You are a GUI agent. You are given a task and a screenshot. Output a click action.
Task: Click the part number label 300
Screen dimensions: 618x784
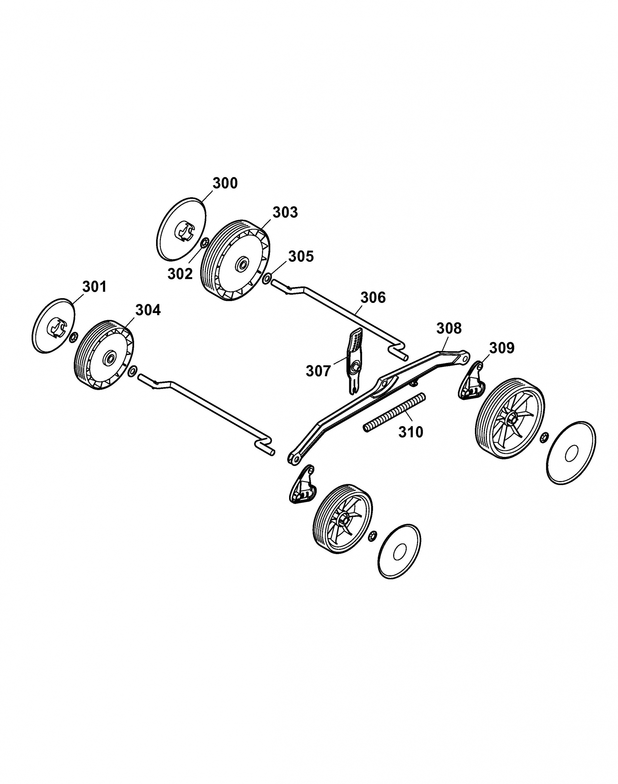point(225,183)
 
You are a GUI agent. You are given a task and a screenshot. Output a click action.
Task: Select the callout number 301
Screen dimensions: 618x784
point(94,287)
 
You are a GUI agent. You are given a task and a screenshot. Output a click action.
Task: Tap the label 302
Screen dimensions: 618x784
point(180,274)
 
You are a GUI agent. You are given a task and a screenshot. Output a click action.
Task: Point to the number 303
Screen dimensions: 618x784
point(285,212)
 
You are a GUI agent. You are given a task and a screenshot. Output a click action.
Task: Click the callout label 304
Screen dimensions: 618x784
point(148,310)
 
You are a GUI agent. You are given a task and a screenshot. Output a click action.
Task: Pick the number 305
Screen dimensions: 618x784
point(301,257)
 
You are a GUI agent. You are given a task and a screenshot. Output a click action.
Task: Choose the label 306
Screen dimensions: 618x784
point(373,297)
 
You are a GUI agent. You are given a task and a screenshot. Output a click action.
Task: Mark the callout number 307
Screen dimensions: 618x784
point(319,371)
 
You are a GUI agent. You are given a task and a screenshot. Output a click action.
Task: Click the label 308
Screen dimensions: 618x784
point(449,328)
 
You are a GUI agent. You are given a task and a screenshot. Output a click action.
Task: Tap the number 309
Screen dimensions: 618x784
point(502,348)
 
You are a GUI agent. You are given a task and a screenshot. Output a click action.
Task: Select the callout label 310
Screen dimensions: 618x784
point(411,432)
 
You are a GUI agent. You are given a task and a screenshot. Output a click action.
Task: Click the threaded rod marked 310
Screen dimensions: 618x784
point(394,412)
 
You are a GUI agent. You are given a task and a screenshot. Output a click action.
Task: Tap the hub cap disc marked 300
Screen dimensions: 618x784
point(182,229)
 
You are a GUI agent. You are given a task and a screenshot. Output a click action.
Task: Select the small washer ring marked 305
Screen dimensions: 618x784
point(267,279)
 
